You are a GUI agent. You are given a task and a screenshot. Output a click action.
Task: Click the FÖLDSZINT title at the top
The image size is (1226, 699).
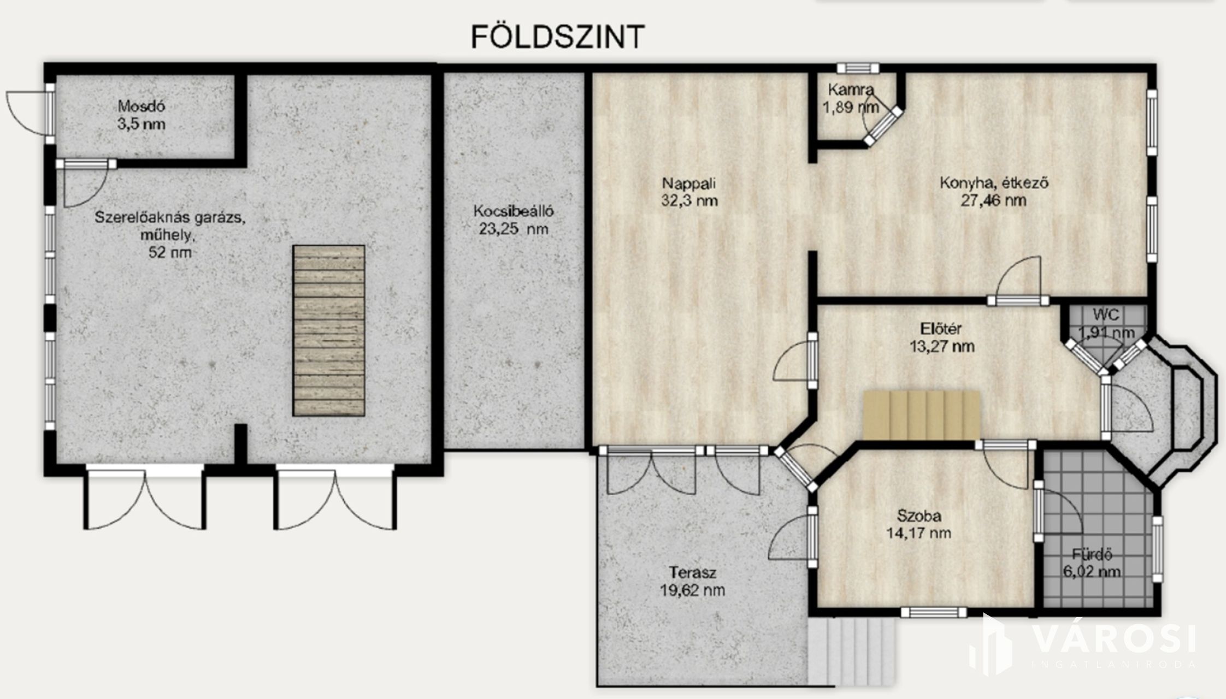point(558,37)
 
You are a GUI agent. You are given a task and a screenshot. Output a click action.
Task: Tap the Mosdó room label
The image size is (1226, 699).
point(142,106)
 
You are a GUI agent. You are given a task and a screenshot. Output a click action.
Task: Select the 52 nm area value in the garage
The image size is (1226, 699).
point(170,252)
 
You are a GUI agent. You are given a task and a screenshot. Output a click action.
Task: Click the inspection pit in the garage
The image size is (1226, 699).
point(328,330)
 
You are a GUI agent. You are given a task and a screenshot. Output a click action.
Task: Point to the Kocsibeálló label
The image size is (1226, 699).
point(514,211)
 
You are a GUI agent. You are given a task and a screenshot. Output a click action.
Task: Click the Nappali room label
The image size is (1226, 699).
point(689,183)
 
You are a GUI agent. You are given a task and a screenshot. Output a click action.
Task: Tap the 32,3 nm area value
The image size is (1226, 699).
point(689,200)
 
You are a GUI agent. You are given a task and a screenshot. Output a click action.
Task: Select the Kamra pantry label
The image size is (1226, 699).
point(851,89)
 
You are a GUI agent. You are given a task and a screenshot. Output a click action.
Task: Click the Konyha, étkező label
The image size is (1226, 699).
point(994,183)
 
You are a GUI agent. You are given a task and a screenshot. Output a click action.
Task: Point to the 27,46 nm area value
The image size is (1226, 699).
point(994,200)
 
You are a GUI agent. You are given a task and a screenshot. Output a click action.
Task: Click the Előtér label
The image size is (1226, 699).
point(941,329)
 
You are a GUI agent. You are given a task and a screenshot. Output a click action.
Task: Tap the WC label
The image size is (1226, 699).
point(1106,315)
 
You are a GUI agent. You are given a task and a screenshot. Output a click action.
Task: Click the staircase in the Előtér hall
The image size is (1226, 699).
point(922,415)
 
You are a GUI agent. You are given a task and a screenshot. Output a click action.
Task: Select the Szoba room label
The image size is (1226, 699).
point(919,516)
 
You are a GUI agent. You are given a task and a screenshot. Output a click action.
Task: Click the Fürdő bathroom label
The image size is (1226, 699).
point(1092,555)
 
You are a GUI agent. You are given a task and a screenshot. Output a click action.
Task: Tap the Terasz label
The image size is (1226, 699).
point(693,573)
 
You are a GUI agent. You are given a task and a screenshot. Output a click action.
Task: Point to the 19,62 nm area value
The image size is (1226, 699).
point(693,590)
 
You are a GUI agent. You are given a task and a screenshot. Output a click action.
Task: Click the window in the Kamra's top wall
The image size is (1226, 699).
point(858,68)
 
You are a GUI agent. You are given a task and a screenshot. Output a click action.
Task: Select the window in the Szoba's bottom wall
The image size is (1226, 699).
point(929,612)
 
